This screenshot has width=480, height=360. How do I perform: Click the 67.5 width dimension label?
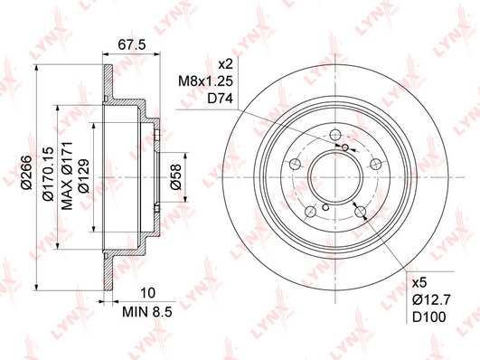(x=132, y=45)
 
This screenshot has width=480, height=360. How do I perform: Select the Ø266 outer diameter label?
(x=25, y=173)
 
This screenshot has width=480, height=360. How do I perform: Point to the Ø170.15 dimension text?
(x=49, y=174)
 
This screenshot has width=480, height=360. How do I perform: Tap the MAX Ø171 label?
(x=67, y=175)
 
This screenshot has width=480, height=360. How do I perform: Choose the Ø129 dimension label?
(x=83, y=175)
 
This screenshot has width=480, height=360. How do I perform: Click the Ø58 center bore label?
(x=176, y=176)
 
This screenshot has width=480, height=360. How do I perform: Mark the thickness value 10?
(x=148, y=293)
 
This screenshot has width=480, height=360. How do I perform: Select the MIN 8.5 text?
(x=147, y=312)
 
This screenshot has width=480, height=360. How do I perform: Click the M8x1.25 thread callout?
(x=206, y=81)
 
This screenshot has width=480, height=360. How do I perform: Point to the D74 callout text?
(x=221, y=99)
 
